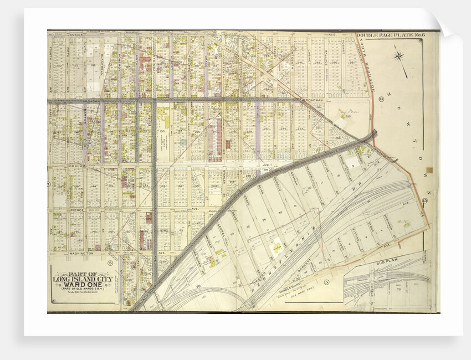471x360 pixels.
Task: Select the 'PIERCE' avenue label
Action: pyautogui.click(x=75, y=209)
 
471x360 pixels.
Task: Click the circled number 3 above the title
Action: pyautogui.click(x=110, y=263)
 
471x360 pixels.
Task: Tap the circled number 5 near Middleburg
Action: pyautogui.click(x=327, y=283)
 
